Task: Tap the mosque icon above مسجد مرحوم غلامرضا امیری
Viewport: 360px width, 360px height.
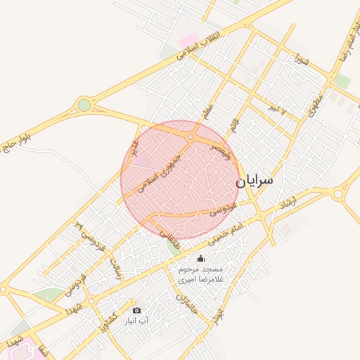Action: [200, 259]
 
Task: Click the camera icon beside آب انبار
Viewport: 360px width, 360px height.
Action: [136, 310]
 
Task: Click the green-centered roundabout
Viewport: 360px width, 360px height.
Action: [84, 105]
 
